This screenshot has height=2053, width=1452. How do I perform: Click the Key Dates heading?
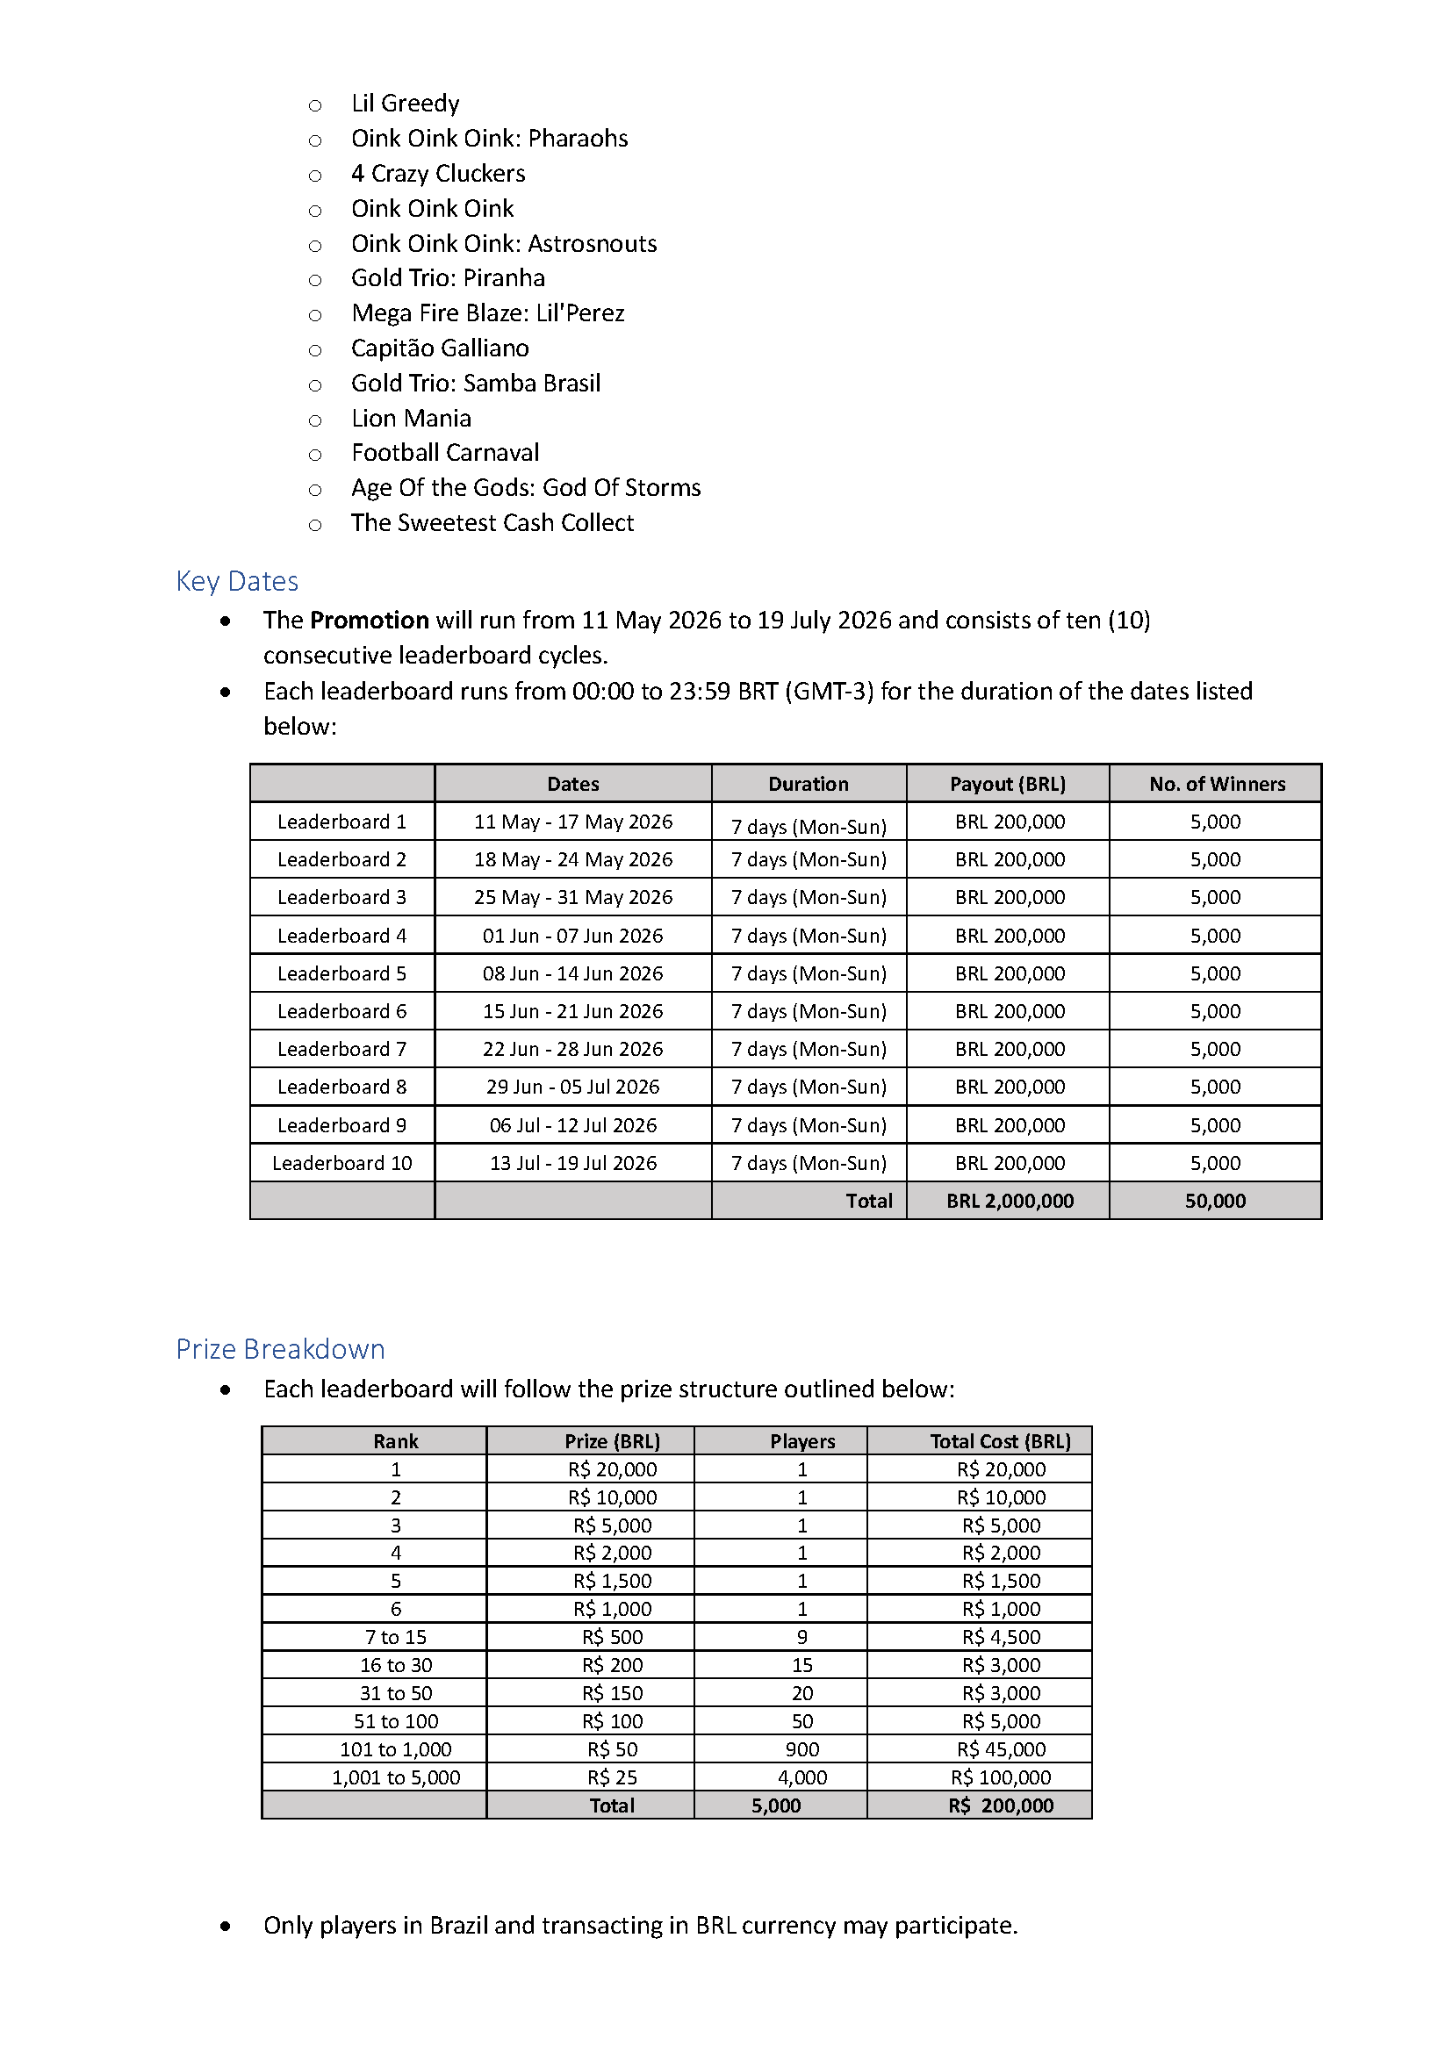coord(237,581)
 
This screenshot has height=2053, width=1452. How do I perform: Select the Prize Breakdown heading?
coord(280,1349)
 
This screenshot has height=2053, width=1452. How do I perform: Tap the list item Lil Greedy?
coord(405,104)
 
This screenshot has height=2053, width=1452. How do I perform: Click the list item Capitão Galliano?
coord(440,348)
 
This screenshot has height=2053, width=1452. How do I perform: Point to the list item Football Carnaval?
coord(445,452)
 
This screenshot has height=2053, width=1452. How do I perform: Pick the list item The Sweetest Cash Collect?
coord(492,523)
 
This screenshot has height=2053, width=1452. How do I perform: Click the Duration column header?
coord(809,784)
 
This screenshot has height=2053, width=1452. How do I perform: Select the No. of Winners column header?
coord(1217,784)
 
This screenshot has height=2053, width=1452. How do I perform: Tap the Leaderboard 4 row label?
coord(341,936)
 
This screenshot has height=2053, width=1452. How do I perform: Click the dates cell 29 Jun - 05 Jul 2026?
coord(573,1087)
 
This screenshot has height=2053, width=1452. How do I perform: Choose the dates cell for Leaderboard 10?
coord(573,1163)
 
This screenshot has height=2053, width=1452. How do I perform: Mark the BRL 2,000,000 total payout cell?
coord(1010,1201)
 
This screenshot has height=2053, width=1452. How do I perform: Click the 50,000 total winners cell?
coord(1215,1201)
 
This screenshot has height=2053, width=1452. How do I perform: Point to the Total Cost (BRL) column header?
coord(1001,1441)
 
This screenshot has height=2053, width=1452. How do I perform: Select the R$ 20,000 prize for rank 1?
coord(613,1469)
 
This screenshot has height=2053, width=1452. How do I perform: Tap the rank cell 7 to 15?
coord(396,1637)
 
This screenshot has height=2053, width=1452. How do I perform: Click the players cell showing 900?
coord(802,1749)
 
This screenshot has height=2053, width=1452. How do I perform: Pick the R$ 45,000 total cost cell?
coord(1001,1749)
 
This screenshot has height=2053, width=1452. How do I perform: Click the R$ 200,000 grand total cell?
coord(1001,1805)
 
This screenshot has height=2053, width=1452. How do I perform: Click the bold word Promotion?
coord(370,621)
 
